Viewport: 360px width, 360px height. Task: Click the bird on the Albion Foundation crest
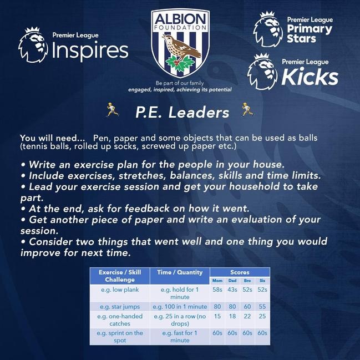pyautogui.click(x=181, y=46)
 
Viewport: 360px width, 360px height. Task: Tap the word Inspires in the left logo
pyautogui.click(x=90, y=50)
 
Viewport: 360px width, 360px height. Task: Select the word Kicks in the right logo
pyautogui.click(x=310, y=77)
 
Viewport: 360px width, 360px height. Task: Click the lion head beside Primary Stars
pyautogui.click(x=268, y=29)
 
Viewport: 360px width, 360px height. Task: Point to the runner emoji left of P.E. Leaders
pyautogui.click(x=112, y=109)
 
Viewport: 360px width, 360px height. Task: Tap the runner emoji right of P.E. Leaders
pyautogui.click(x=247, y=109)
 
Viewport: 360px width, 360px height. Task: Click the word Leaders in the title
pyautogui.click(x=199, y=113)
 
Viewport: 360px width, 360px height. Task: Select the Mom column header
pyautogui.click(x=217, y=281)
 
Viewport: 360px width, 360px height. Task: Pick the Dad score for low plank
pyautogui.click(x=232, y=290)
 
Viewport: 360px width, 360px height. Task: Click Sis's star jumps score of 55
pyautogui.click(x=262, y=307)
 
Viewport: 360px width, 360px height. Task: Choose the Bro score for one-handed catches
pyautogui.click(x=247, y=316)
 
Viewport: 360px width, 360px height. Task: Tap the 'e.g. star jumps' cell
pyautogui.click(x=120, y=307)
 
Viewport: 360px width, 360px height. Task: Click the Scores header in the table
pyautogui.click(x=240, y=272)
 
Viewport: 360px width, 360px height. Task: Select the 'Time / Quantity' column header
pyautogui.click(x=180, y=272)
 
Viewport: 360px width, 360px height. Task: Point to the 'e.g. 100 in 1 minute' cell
pyautogui.click(x=180, y=307)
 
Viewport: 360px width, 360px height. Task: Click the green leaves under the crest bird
pyautogui.click(x=180, y=63)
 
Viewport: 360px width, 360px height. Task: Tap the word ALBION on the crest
pyautogui.click(x=180, y=19)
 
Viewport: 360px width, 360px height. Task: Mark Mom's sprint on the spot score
pyautogui.click(x=217, y=333)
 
